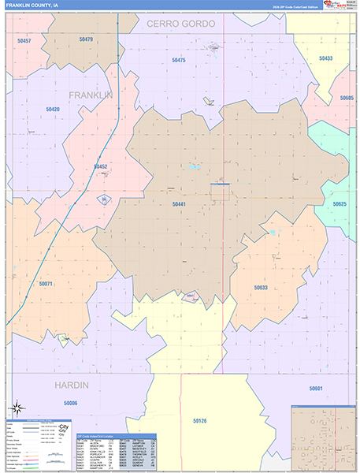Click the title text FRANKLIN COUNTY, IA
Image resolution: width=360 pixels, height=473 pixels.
point(32,6)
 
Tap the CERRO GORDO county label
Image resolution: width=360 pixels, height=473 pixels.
point(180,24)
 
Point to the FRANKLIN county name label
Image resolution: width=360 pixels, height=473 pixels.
point(91,95)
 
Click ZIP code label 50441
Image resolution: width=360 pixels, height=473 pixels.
point(179,204)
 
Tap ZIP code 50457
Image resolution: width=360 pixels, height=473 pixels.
point(24,40)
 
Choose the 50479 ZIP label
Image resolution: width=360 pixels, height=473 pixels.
point(86,39)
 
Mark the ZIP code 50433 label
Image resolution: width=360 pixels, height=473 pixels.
point(325,58)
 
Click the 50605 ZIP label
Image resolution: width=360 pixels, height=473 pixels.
point(347,98)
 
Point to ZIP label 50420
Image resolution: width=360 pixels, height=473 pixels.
point(53,109)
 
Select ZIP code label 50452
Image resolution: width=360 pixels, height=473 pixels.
point(100,166)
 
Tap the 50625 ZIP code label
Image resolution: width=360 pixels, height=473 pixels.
point(340,204)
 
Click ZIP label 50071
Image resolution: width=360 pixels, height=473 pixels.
point(46,283)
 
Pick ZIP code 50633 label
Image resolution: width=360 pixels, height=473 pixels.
point(261,288)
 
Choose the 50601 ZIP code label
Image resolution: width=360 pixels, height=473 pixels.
point(316,389)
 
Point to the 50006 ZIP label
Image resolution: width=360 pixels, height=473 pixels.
point(71,403)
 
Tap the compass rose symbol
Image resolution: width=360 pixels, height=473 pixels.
point(16,408)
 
